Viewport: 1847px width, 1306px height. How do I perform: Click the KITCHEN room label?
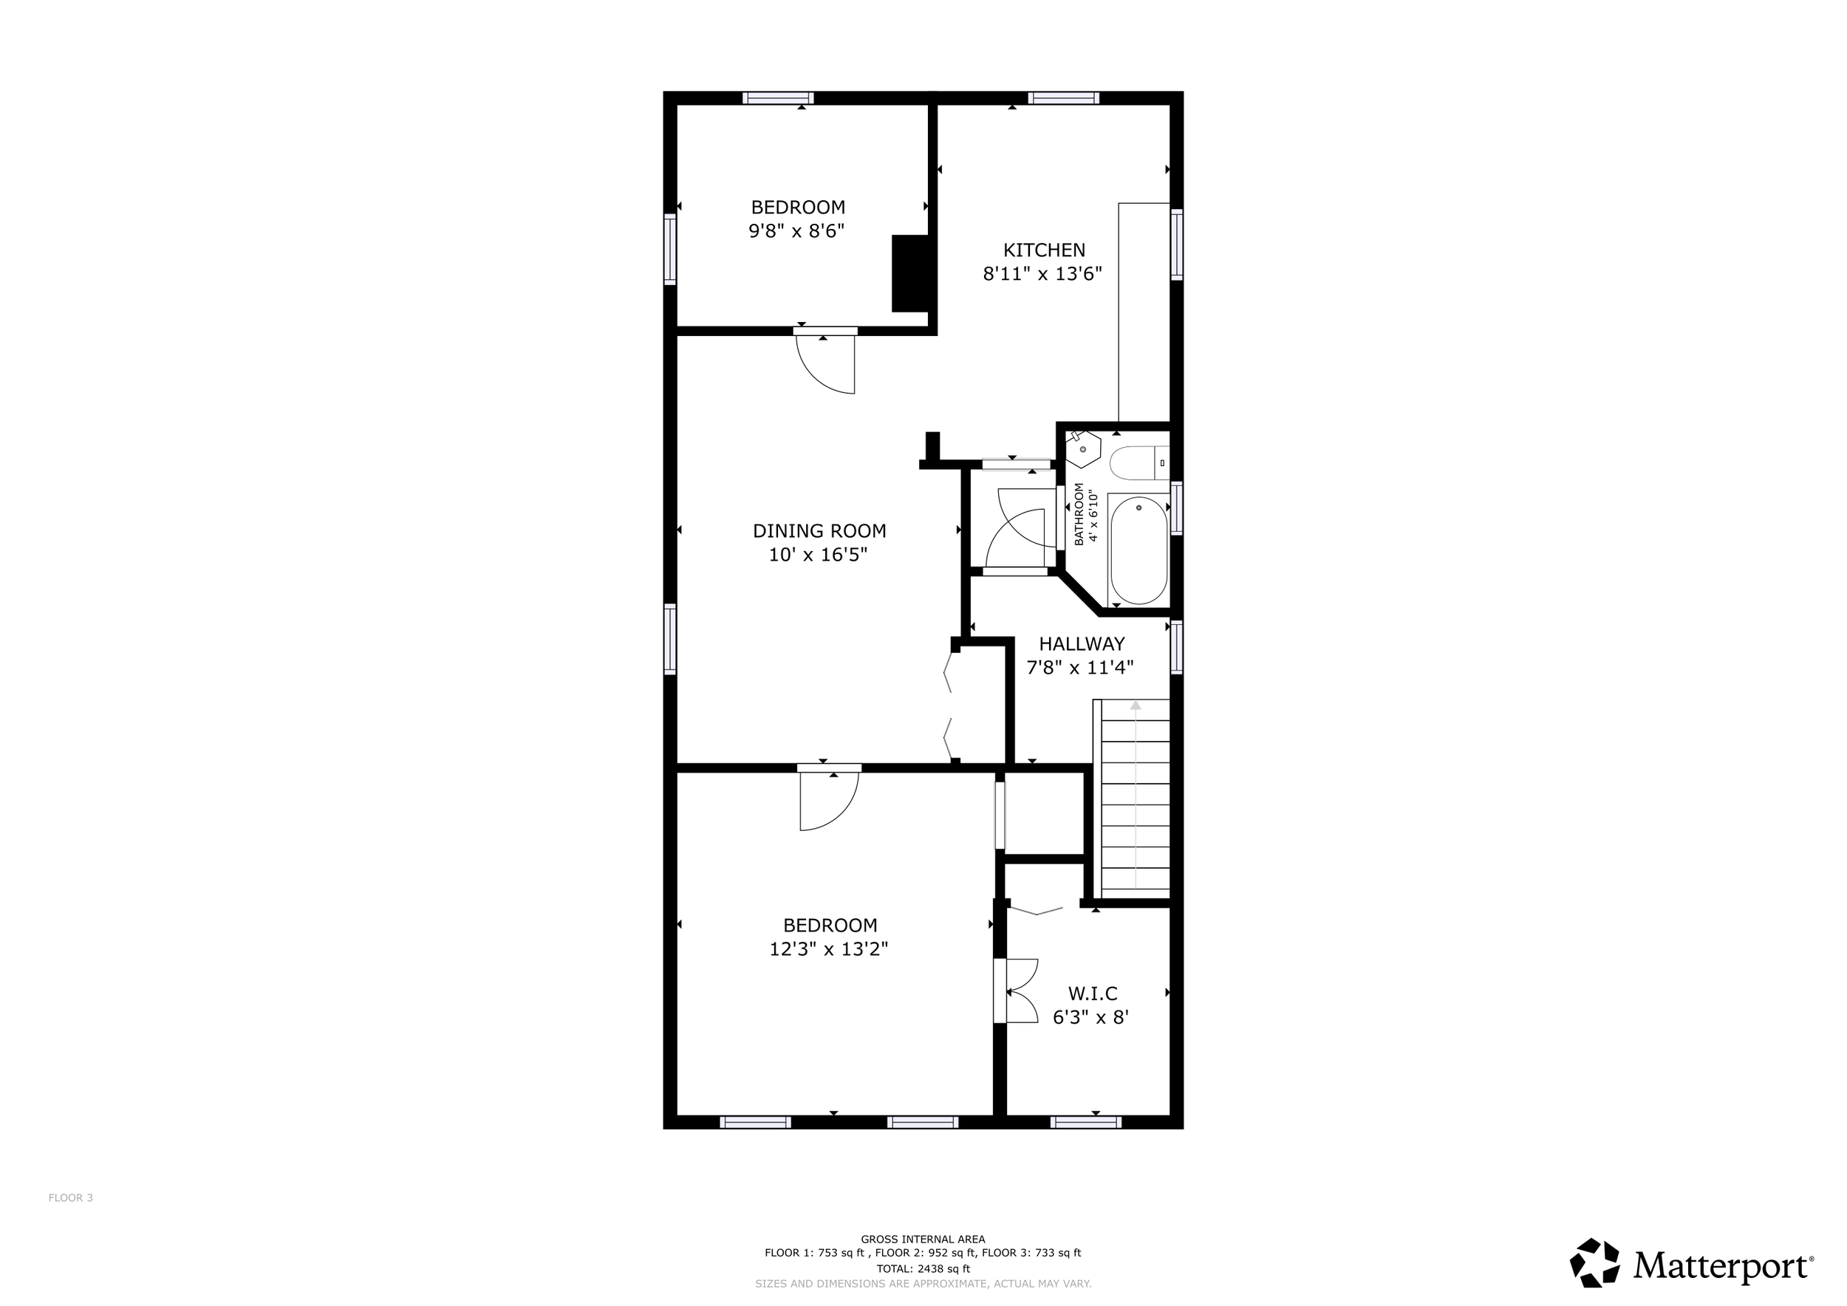(x=1043, y=250)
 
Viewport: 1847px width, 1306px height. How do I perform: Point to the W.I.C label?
(x=1093, y=994)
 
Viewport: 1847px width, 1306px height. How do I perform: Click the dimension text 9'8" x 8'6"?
(x=796, y=230)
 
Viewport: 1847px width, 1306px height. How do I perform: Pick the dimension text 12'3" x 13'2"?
(x=829, y=949)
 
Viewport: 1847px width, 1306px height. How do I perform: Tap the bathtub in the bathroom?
(x=1138, y=550)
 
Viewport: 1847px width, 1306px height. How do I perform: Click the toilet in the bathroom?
(x=1138, y=463)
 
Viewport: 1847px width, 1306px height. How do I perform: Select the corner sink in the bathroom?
(x=1082, y=448)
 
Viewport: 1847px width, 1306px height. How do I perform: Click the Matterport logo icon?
(x=1594, y=1262)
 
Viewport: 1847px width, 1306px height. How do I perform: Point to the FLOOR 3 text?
(x=71, y=1197)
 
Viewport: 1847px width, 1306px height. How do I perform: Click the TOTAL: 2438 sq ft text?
(x=923, y=1269)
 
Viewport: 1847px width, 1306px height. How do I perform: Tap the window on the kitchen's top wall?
(x=1063, y=98)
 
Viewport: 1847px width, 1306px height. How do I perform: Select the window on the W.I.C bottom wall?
(x=1086, y=1122)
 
